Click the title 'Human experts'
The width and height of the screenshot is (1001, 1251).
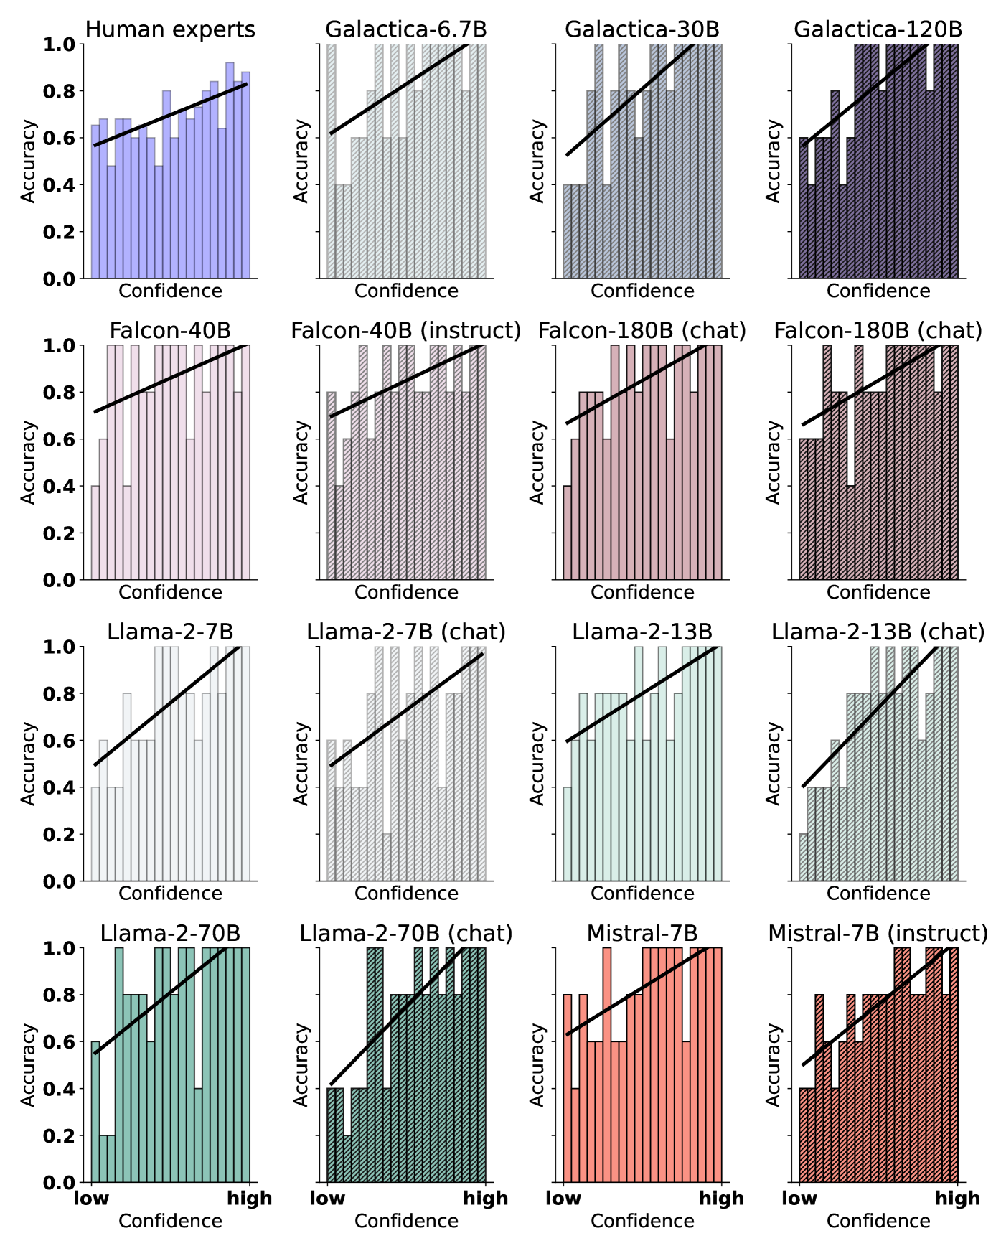tap(170, 29)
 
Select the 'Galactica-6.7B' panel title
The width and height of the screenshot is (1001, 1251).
tap(406, 29)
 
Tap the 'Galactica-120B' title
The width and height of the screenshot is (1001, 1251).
tap(878, 29)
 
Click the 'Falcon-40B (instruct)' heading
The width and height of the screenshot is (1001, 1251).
tap(406, 331)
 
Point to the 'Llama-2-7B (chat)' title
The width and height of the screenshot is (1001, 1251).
tap(406, 632)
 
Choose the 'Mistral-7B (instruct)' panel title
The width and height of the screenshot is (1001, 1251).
tap(878, 934)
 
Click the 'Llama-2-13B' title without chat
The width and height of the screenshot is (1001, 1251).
tap(642, 632)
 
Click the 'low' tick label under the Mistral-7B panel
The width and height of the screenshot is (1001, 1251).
tap(563, 1198)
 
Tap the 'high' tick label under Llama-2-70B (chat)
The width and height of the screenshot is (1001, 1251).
tap(486, 1198)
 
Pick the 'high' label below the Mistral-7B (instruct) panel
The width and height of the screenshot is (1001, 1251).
tap(957, 1198)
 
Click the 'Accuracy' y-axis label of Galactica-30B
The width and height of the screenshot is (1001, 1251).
tap(537, 161)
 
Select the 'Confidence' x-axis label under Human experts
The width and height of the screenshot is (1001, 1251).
tap(170, 291)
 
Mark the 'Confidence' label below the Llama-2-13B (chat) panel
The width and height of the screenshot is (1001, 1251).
tap(878, 894)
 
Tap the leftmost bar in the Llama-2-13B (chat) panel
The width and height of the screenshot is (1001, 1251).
tap(804, 858)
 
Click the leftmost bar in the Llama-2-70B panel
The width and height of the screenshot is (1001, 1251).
tap(95, 1112)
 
